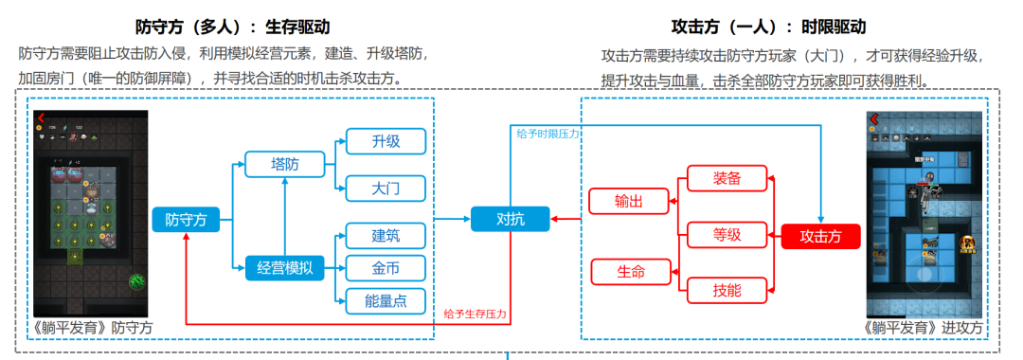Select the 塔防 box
point(284,165)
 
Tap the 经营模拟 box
point(284,269)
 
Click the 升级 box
point(386,141)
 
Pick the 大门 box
point(386,189)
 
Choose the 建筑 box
point(386,233)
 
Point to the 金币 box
point(386,267)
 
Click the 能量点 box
point(386,301)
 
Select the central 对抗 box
point(510,219)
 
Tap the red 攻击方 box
point(820,235)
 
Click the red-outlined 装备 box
point(727,177)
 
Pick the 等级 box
point(727,234)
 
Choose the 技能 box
point(727,290)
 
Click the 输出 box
point(628,201)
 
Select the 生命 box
point(630,272)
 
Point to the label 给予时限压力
point(547,135)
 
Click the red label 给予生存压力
point(475,314)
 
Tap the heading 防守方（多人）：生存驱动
point(225,27)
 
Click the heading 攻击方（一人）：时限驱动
point(766,27)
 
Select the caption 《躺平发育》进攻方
point(924,328)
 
